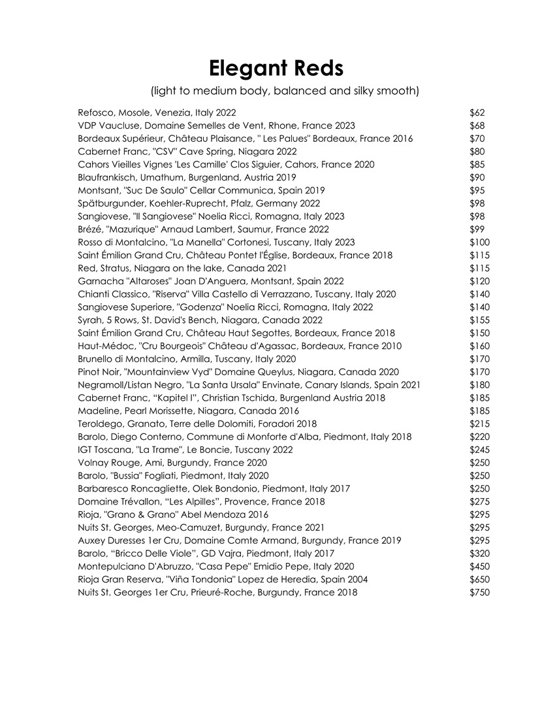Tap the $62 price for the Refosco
[477, 113]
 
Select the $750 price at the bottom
[480, 592]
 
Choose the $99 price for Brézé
[477, 229]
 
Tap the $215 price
[480, 424]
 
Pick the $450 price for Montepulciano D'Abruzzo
[480, 566]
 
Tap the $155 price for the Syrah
[480, 320]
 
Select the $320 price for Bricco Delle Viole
[480, 553]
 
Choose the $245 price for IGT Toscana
[480, 450]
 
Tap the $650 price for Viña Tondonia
[480, 579]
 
